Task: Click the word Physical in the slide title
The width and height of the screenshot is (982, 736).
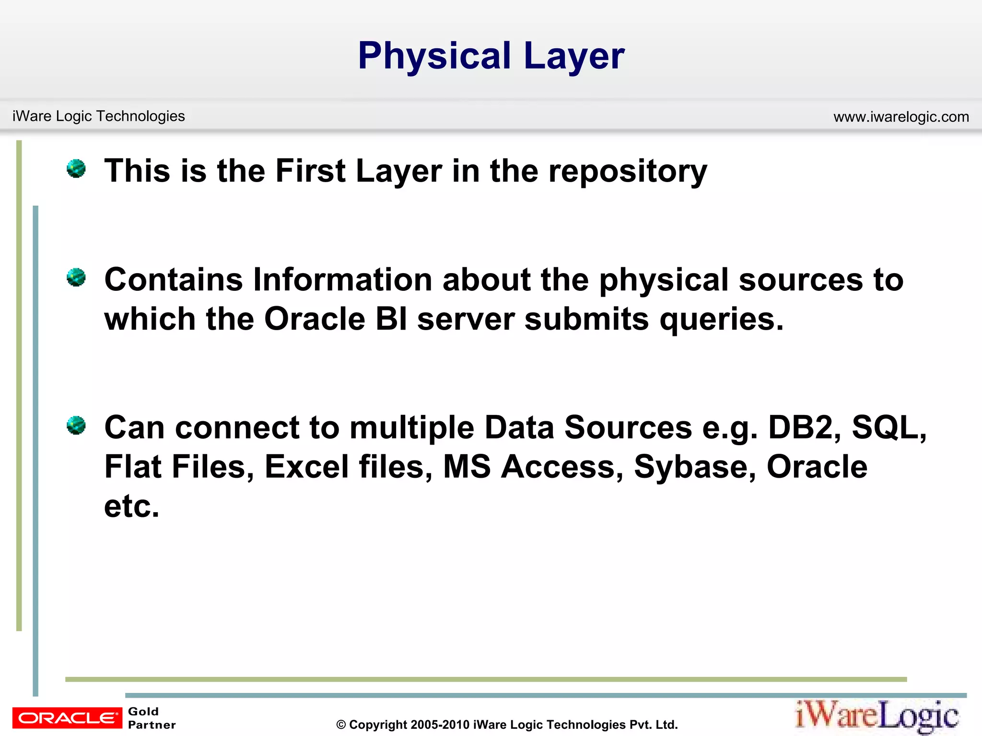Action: point(434,57)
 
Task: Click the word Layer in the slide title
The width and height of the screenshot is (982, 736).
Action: point(574,57)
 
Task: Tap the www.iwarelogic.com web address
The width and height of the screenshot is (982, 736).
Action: point(901,117)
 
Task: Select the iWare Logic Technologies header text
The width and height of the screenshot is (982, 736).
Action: point(99,116)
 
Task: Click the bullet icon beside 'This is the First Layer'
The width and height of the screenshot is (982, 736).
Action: point(76,169)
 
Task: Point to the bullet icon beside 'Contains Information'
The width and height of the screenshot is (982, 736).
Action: point(76,277)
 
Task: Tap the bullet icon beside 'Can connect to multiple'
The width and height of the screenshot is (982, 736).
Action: point(76,425)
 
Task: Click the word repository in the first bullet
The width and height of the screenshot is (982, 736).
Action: point(628,172)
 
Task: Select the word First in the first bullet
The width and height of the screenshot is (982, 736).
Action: point(310,171)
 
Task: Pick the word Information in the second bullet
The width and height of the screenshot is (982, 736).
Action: point(343,279)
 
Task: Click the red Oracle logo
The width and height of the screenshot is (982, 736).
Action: point(67,718)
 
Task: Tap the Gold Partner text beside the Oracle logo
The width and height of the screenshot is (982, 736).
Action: point(152,718)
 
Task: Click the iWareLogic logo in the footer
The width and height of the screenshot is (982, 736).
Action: point(877,716)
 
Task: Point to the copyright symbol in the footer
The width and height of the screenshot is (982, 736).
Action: point(341,725)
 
